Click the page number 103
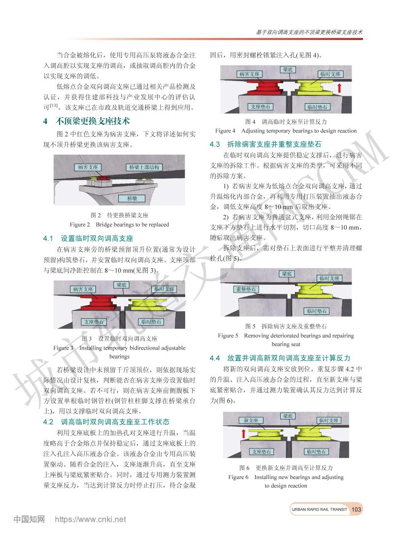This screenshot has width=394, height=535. (356, 509)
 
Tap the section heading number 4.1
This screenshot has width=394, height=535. (48, 238)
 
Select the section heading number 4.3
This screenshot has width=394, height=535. (215, 144)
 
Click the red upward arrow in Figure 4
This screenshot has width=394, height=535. (339, 88)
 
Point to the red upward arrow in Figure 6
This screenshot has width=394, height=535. (244, 433)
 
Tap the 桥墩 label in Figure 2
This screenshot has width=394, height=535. (131, 198)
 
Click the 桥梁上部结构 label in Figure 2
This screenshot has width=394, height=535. (144, 167)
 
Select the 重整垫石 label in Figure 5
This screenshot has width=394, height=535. (246, 289)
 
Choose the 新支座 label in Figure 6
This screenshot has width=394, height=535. (251, 420)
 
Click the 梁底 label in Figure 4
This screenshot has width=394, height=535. (288, 70)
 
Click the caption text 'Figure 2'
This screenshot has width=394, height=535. (80, 225)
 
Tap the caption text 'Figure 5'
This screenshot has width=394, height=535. (228, 335)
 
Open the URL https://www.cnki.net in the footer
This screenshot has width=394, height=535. (90, 520)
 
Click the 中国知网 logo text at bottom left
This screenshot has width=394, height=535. (29, 520)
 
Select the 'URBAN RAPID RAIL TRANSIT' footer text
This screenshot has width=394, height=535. (319, 509)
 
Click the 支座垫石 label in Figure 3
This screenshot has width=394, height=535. (94, 322)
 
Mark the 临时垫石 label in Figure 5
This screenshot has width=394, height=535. (316, 311)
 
